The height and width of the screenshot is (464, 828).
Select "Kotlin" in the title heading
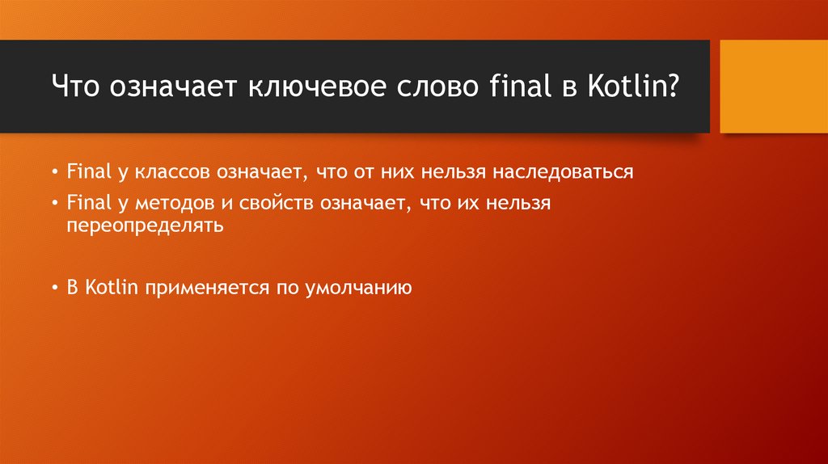coord(627,86)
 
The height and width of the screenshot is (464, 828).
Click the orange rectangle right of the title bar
coord(774,86)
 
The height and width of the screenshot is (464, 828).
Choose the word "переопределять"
coord(144,226)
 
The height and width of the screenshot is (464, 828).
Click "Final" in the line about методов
coord(82,204)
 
